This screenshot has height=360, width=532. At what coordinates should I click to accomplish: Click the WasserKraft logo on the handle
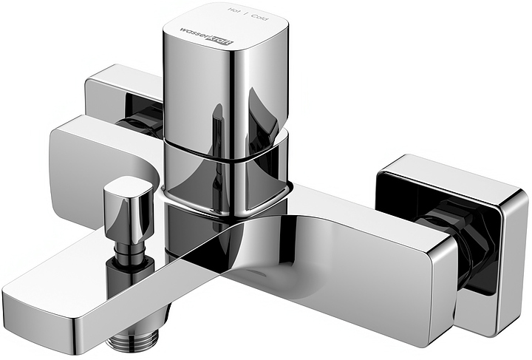[206, 36]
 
